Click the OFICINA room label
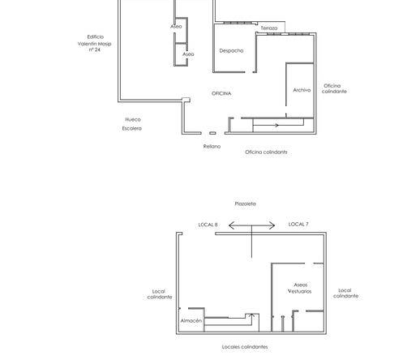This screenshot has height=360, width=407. (221, 93)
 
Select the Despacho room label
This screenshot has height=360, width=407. (231, 50)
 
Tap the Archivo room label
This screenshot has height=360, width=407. (302, 90)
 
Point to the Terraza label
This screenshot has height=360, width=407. (269, 28)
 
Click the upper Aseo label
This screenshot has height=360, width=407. (176, 27)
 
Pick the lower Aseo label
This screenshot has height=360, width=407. (188, 54)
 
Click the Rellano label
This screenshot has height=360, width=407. (212, 147)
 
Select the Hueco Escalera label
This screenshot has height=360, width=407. (132, 124)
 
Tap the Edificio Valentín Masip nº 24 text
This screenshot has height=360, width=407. (95, 43)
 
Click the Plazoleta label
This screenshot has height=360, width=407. (246, 204)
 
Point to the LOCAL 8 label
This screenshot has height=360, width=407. (208, 225)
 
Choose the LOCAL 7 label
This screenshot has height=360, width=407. (298, 224)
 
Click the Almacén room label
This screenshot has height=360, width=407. (191, 320)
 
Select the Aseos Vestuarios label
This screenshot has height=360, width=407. (300, 288)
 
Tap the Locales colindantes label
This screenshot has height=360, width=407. (245, 347)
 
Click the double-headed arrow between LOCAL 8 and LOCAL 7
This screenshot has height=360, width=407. (252, 225)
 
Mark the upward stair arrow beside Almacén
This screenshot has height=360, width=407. (251, 319)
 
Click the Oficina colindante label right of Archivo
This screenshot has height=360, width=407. (334, 88)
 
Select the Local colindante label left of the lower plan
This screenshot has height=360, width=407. (160, 294)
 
